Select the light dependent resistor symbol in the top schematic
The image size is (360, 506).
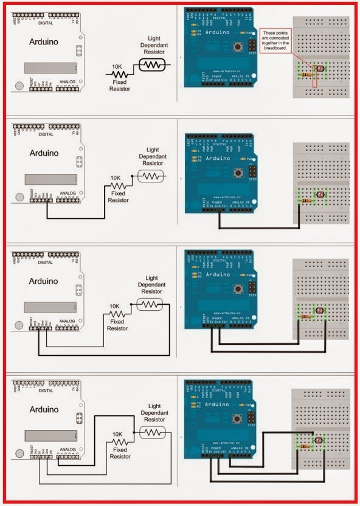pos(152,64)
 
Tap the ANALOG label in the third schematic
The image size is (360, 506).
pos(68,321)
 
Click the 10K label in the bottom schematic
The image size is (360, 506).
pos(117,434)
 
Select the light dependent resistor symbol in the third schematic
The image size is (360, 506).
pos(149,305)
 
